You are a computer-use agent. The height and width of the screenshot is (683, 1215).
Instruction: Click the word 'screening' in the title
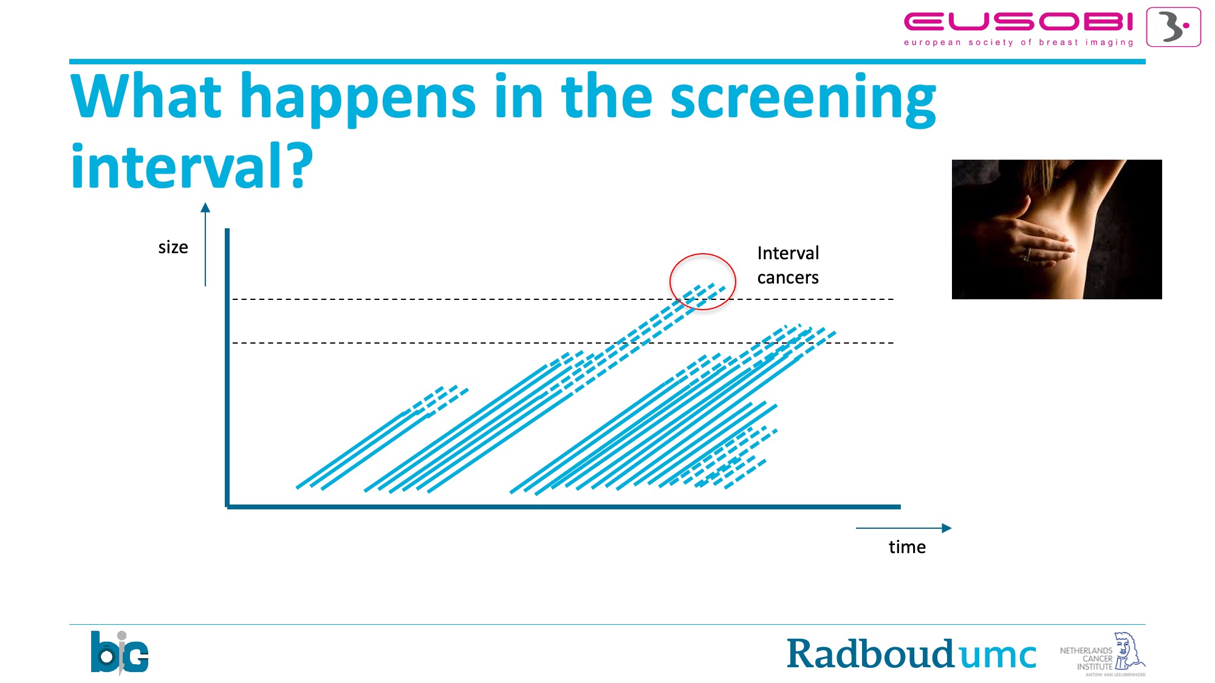point(803,98)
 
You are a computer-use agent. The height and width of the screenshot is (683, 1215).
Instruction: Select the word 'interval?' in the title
point(191,165)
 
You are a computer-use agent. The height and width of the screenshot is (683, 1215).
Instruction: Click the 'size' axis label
point(173,247)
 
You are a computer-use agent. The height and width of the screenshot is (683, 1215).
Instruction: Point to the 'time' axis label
point(907,547)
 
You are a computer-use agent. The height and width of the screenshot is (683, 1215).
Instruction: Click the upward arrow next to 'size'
point(205,244)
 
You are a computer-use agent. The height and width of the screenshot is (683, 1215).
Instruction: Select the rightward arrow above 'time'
point(903,528)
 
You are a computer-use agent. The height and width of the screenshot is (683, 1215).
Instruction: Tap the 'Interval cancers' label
point(788,265)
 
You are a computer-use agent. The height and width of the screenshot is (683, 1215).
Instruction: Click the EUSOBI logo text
point(1019,22)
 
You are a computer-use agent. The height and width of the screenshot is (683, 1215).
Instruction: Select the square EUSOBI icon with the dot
point(1174,27)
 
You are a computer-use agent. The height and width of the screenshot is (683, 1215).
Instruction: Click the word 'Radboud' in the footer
point(870,654)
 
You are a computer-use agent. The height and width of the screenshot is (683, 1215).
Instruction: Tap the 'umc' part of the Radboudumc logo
point(996,656)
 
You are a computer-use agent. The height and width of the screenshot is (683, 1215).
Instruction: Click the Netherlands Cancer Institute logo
point(1103,654)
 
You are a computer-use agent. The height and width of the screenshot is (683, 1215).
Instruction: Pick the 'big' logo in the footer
point(120,653)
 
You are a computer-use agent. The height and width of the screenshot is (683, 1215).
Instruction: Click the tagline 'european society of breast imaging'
point(1019,42)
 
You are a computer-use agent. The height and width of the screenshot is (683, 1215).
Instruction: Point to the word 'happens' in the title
point(358,98)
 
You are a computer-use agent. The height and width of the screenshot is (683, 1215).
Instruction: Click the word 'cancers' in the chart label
point(788,277)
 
